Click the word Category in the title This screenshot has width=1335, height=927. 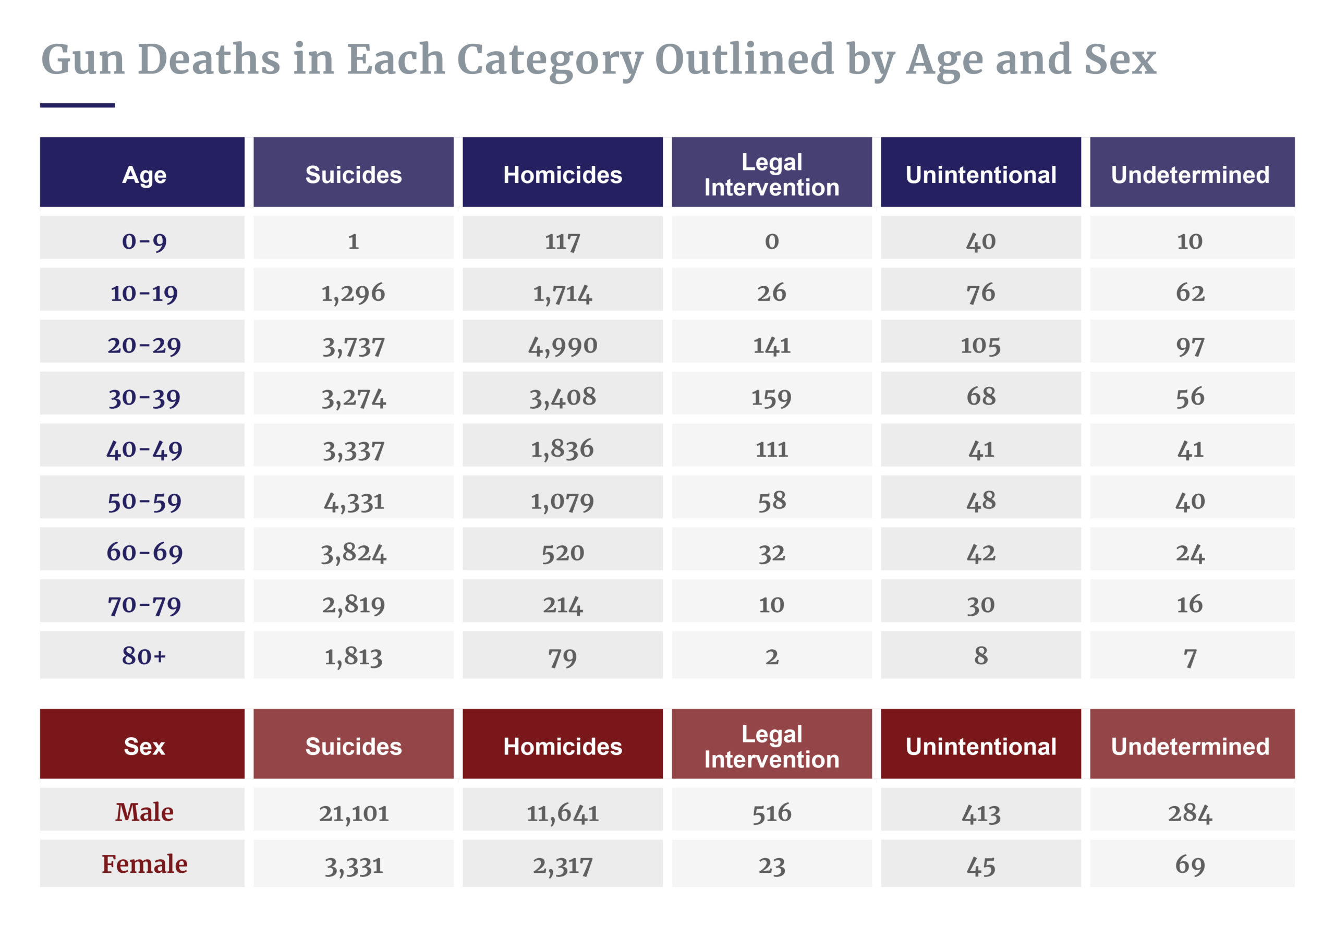click(x=550, y=60)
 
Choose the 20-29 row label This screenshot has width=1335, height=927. click(x=144, y=346)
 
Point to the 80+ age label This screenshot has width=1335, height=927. click(x=144, y=656)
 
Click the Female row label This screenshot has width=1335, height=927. click(x=144, y=864)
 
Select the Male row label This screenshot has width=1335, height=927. click(x=144, y=811)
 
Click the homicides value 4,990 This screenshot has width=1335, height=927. click(x=562, y=346)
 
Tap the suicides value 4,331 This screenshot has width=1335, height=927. click(x=353, y=501)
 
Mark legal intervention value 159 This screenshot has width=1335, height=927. click(x=771, y=397)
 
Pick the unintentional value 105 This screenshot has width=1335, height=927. click(x=980, y=346)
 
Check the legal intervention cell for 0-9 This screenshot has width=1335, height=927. click(x=771, y=240)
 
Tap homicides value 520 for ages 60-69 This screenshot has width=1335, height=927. click(x=562, y=552)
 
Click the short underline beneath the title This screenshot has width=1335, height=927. click(x=77, y=105)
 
